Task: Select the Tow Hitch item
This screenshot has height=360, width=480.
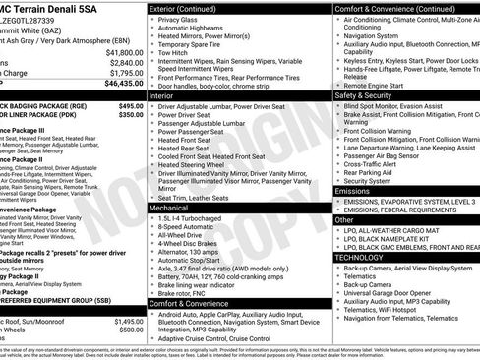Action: click(x=176, y=54)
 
